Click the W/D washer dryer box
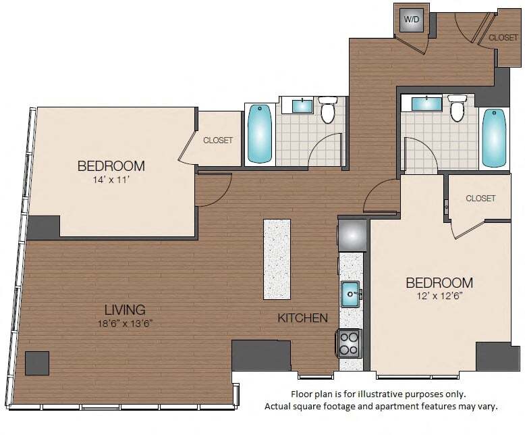pyautogui.click(x=411, y=20)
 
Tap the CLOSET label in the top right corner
pyautogui.click(x=503, y=38)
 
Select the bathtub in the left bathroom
pyautogui.click(x=260, y=133)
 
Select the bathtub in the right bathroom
pyautogui.click(x=494, y=138)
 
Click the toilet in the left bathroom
pyautogui.click(x=329, y=110)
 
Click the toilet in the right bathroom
pyautogui.click(x=457, y=108)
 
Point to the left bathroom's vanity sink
pyautogui.click(x=301, y=105)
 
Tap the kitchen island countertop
pyautogui.click(x=277, y=259)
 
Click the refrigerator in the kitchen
pyautogui.click(x=352, y=235)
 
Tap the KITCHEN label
pyautogui.click(x=303, y=317)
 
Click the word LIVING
pyautogui.click(x=125, y=310)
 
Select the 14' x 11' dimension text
pyautogui.click(x=111, y=180)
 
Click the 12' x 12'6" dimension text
pyautogui.click(x=439, y=296)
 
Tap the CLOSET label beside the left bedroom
pyautogui.click(x=218, y=140)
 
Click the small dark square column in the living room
pyautogui.click(x=38, y=363)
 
